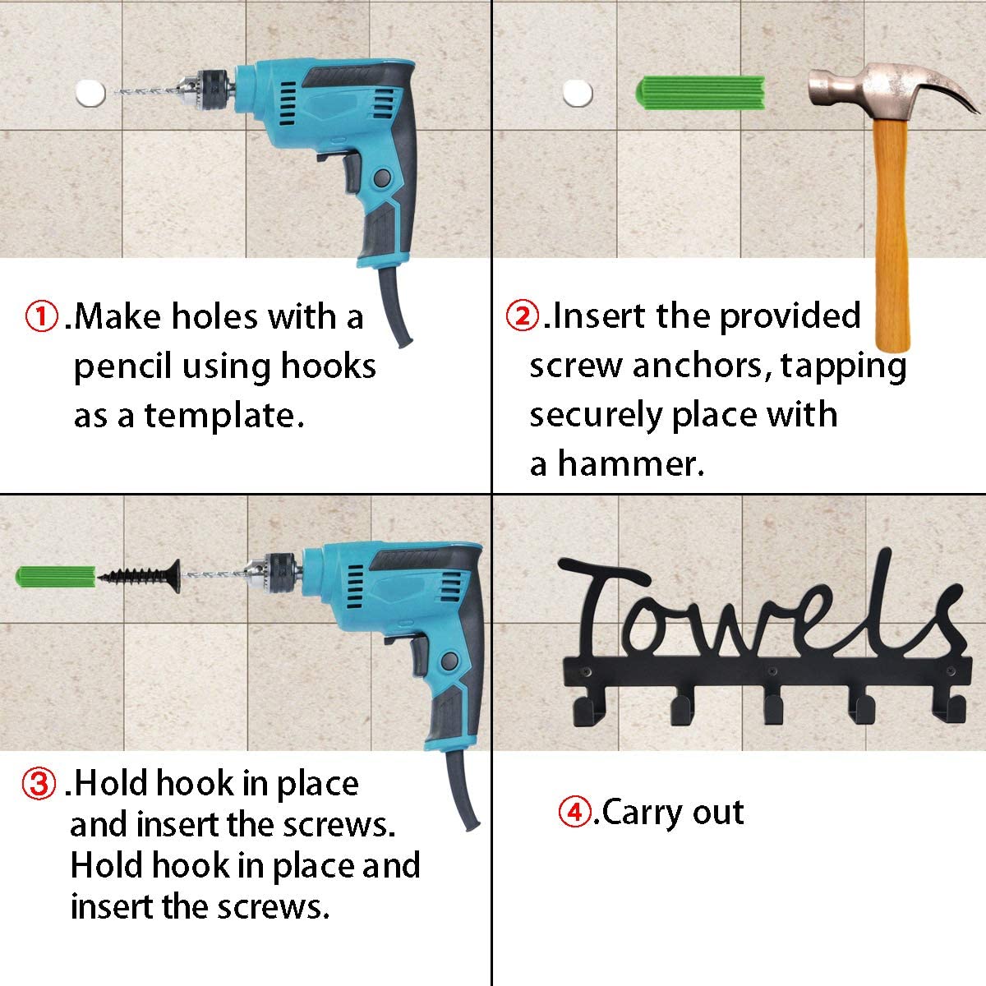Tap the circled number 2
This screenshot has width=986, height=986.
(x=523, y=316)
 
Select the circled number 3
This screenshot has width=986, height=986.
(x=39, y=784)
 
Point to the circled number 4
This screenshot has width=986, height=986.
(x=574, y=813)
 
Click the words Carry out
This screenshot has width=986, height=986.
(x=673, y=813)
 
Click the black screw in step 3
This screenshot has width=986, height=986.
(x=140, y=574)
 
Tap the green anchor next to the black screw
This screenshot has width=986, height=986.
(x=56, y=575)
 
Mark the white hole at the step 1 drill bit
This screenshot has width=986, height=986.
(x=90, y=93)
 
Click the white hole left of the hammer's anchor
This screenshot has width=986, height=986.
(x=578, y=93)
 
